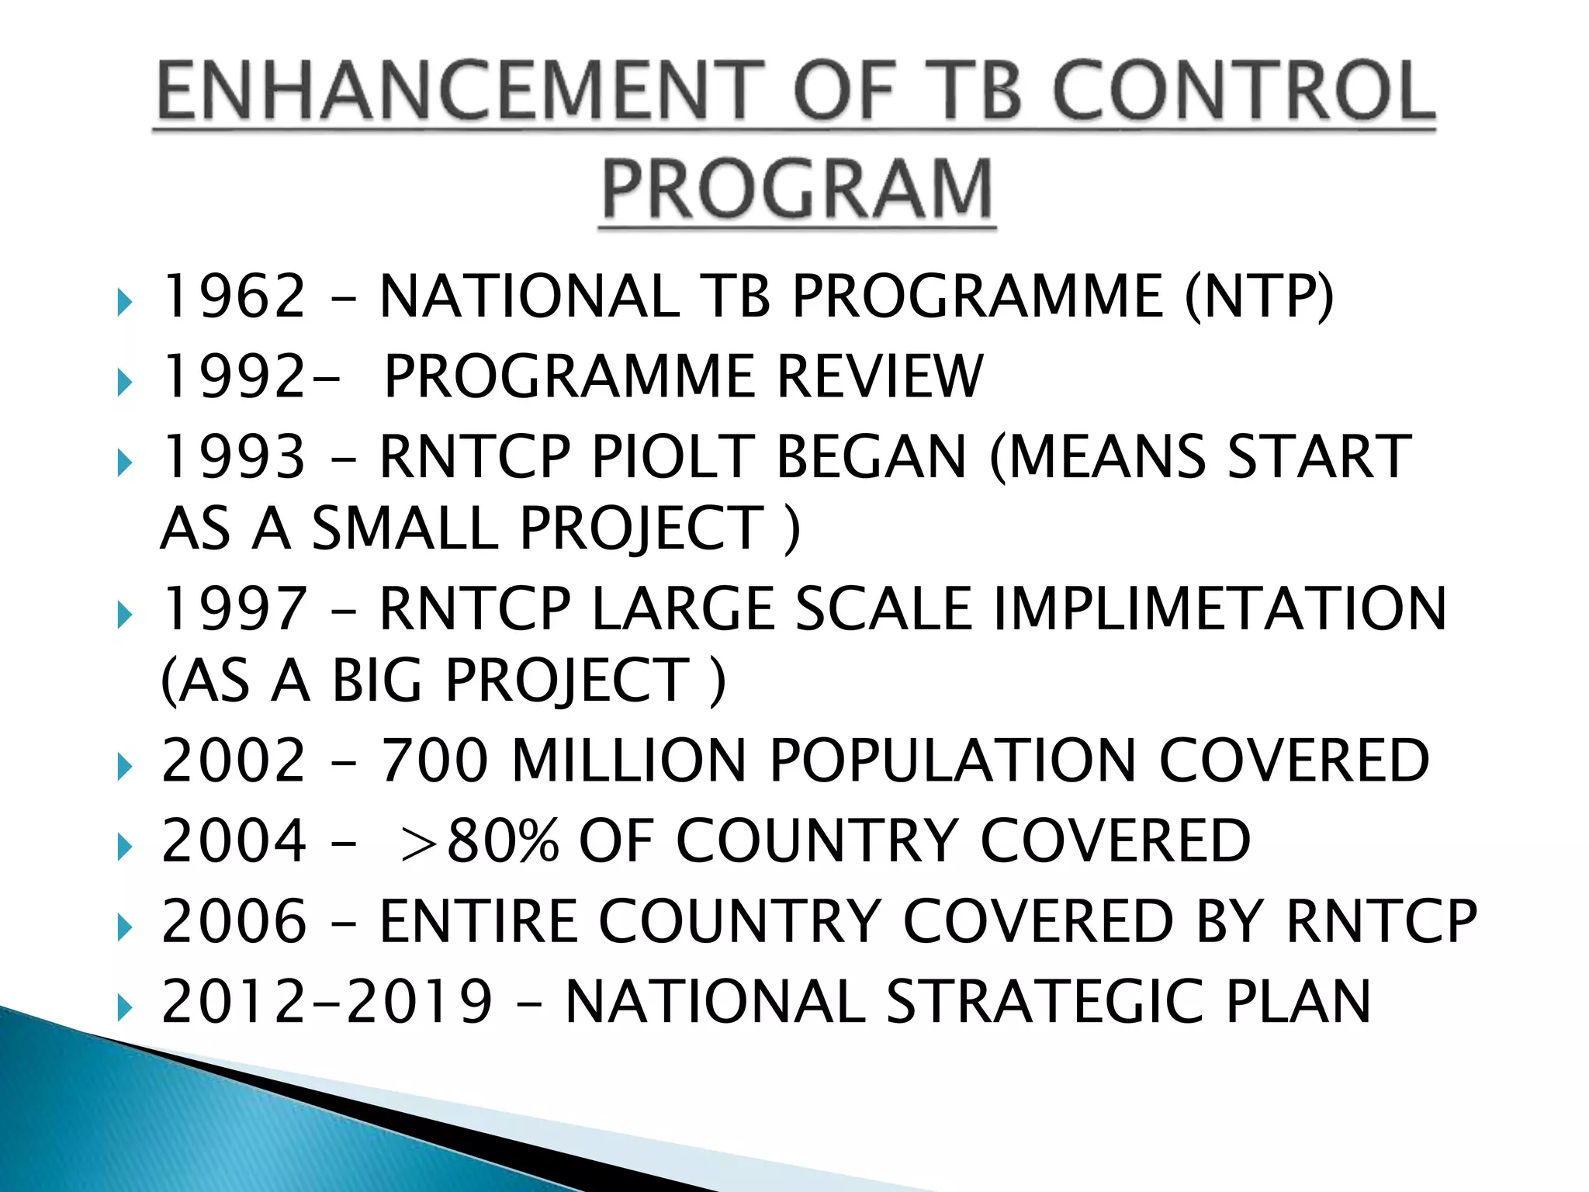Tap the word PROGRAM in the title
click(797, 189)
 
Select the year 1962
click(234, 296)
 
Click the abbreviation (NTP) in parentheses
click(1258, 296)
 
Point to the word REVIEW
click(880, 376)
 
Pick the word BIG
click(378, 681)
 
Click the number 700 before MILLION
click(434, 761)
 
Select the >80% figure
click(479, 840)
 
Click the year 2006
click(234, 921)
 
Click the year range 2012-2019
click(327, 1001)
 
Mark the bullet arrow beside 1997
click(124, 615)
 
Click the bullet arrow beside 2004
click(124, 847)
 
